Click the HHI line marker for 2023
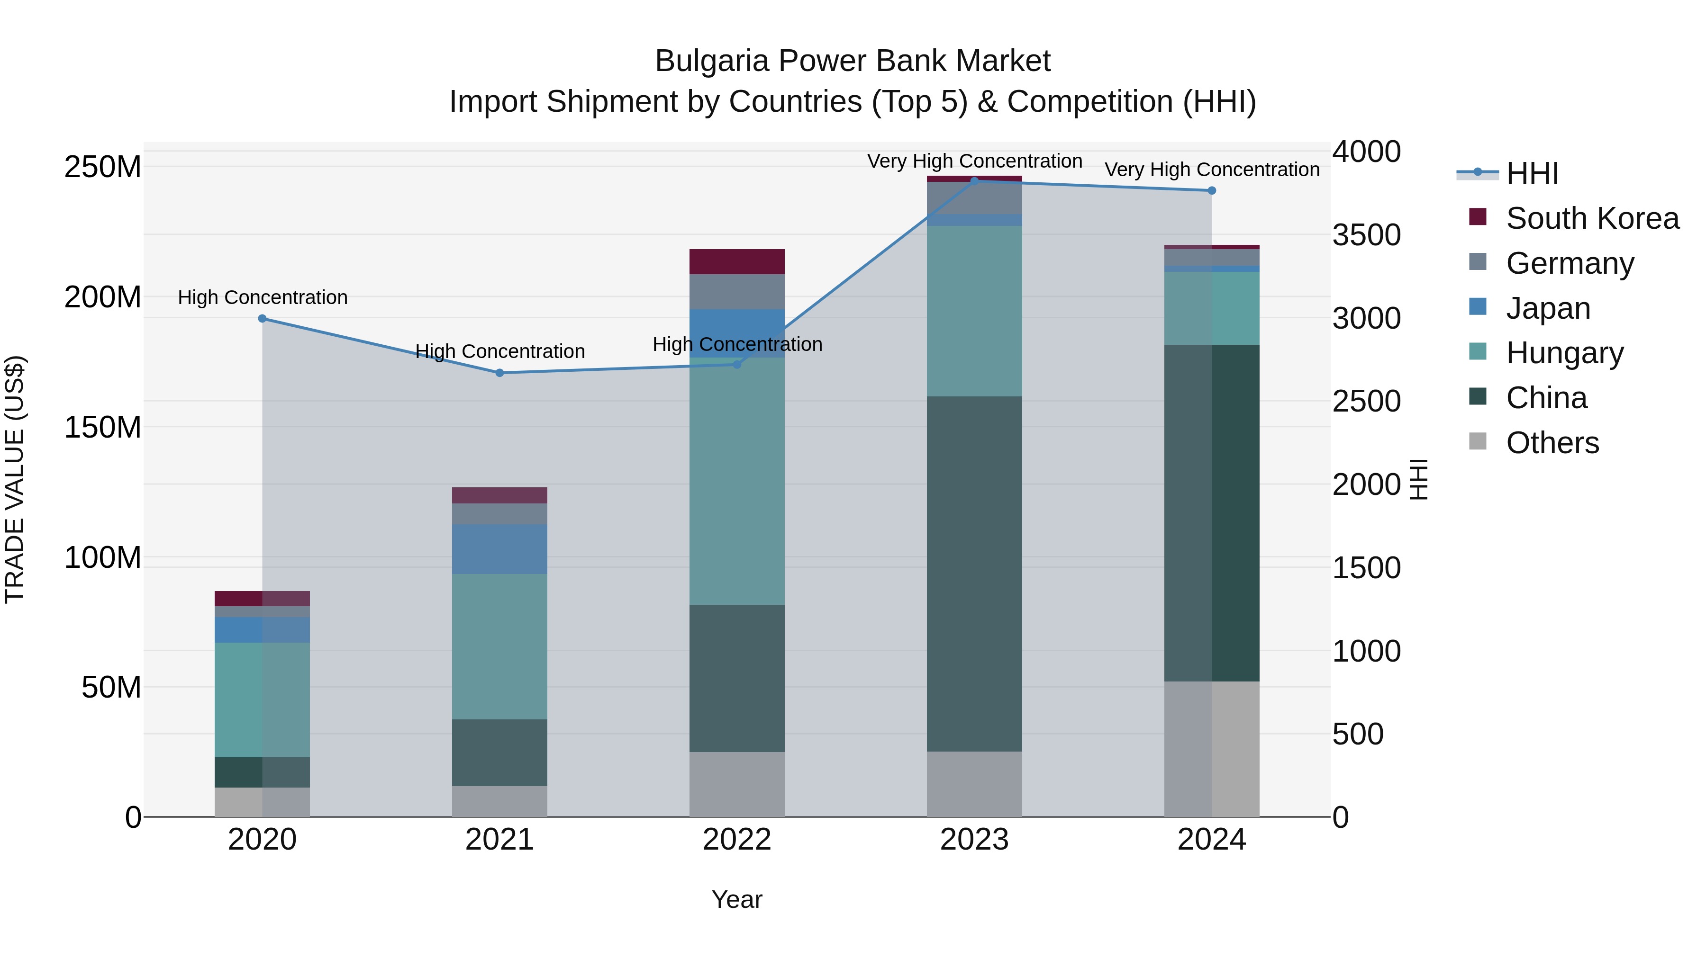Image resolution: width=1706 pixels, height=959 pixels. click(x=974, y=181)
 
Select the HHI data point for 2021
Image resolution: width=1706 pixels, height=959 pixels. click(x=500, y=373)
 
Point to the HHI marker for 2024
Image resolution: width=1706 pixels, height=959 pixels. click(x=1211, y=190)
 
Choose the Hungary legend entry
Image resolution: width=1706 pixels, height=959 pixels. click(x=1564, y=353)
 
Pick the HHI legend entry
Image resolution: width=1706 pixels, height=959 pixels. click(x=1531, y=173)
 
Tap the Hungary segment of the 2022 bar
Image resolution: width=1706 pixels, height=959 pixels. click(x=737, y=481)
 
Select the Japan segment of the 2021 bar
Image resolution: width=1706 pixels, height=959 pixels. click(x=500, y=549)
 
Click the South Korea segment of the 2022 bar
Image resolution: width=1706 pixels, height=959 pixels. click(x=737, y=261)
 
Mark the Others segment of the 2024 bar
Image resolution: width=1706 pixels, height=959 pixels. click(x=1211, y=749)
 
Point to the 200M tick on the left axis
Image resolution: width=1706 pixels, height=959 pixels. click(x=103, y=297)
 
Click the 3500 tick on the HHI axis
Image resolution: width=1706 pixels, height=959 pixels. click(x=1366, y=235)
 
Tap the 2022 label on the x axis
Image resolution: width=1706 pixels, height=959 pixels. click(x=737, y=840)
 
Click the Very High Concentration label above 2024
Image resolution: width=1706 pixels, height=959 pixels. click(x=1211, y=170)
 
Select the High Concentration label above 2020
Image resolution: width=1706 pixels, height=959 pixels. click(x=262, y=298)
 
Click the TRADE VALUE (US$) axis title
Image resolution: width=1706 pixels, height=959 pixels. click(x=15, y=479)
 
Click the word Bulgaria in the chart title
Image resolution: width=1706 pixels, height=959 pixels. click(x=712, y=62)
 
